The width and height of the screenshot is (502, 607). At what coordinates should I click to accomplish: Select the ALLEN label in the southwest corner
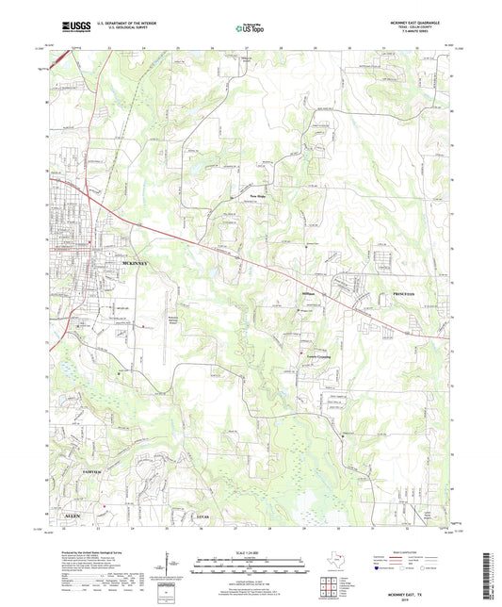click(x=72, y=518)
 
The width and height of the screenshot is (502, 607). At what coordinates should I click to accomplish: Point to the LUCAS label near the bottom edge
click(x=201, y=518)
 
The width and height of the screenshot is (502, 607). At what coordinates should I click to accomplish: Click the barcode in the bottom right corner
click(x=489, y=566)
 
